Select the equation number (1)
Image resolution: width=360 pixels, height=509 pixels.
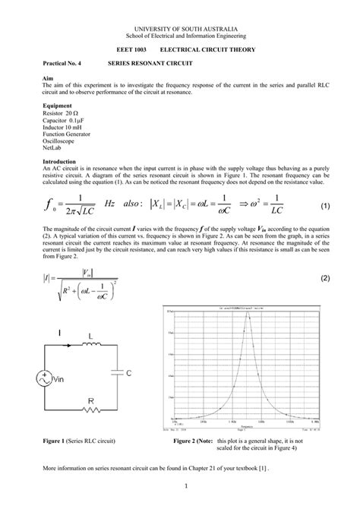tap(324, 206)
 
